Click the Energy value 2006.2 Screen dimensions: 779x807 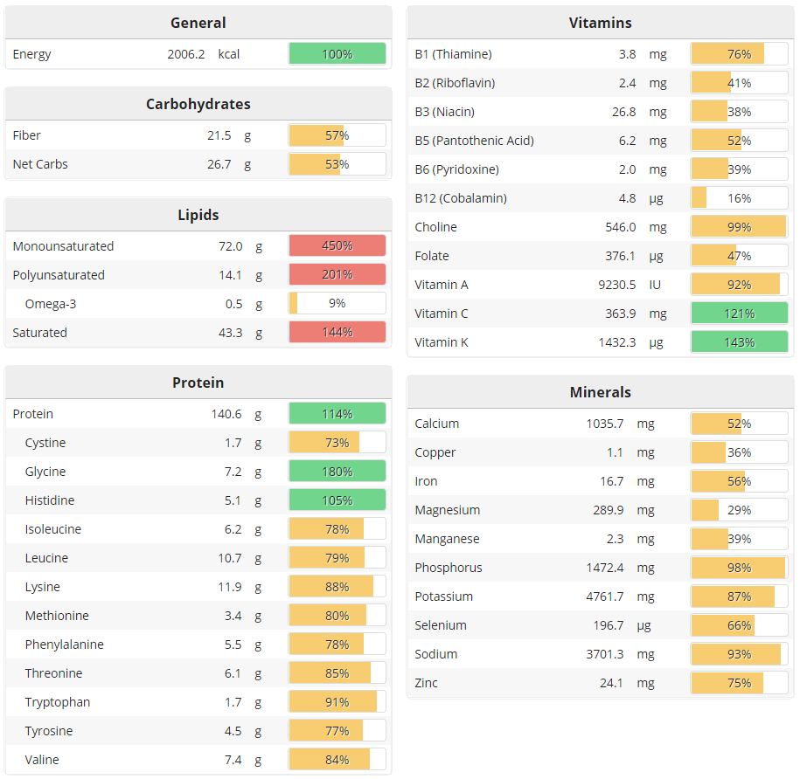tap(186, 54)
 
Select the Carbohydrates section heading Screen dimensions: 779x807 tap(198, 104)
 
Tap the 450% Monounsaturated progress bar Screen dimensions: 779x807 tap(337, 246)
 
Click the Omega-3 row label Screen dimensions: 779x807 tap(50, 304)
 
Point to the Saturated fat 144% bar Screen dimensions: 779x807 tap(337, 333)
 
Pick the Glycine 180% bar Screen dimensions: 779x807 tap(337, 472)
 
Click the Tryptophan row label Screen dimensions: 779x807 tap(58, 702)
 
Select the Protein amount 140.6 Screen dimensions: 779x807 tap(226, 414)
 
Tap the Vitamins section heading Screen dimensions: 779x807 tap(600, 23)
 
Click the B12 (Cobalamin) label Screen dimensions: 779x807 tap(461, 198)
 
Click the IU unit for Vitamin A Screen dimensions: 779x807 tap(655, 285)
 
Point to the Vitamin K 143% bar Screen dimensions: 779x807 tap(739, 342)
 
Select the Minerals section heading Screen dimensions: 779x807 tap(600, 392)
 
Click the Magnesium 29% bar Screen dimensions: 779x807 tap(739, 510)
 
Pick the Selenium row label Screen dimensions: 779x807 tap(441, 625)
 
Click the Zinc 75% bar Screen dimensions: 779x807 tap(739, 683)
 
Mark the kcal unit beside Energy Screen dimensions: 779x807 tap(229, 54)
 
